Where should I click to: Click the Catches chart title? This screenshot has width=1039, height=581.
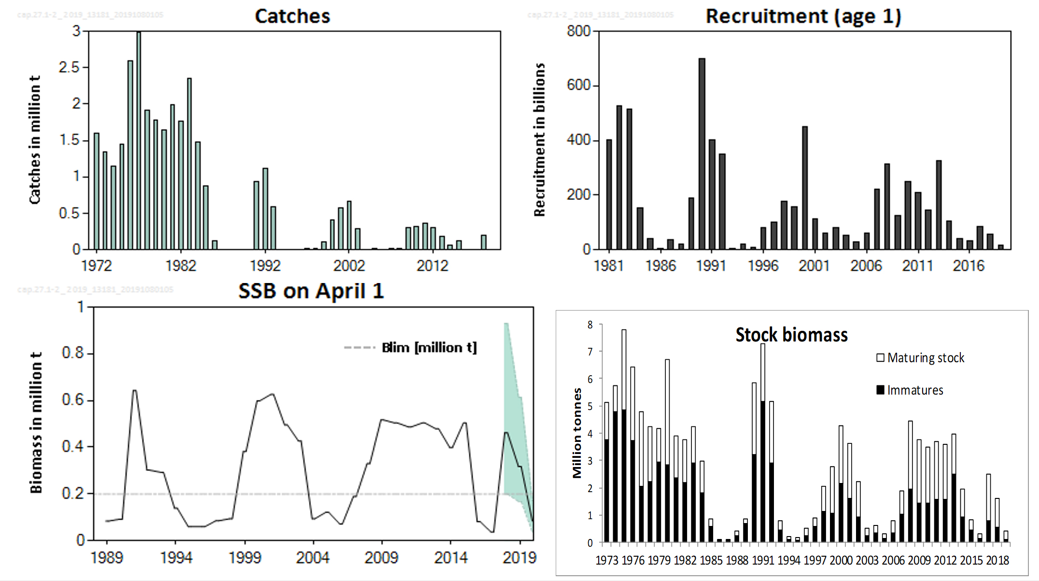(292, 16)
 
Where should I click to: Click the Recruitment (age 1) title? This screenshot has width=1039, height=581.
(803, 16)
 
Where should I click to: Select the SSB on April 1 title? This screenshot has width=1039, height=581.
(311, 291)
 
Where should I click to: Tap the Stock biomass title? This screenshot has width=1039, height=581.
(791, 335)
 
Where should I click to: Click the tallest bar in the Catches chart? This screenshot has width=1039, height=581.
(139, 140)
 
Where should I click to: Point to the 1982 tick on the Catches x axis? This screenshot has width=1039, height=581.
(181, 266)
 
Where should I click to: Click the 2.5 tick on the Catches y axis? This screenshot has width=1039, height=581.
(69, 67)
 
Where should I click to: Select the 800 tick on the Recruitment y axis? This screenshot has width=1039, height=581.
(578, 31)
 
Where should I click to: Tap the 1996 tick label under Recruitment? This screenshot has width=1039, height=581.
(763, 266)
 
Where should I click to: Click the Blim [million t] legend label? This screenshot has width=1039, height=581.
(429, 348)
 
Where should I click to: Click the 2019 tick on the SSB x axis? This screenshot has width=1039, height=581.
(519, 558)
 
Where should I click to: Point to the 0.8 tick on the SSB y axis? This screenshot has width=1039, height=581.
(72, 353)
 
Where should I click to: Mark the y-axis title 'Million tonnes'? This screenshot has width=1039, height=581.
(577, 433)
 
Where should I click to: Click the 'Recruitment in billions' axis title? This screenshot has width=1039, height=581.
(539, 140)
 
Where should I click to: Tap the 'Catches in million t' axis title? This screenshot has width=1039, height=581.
(35, 140)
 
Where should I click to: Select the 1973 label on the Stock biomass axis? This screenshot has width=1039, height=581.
(606, 560)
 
